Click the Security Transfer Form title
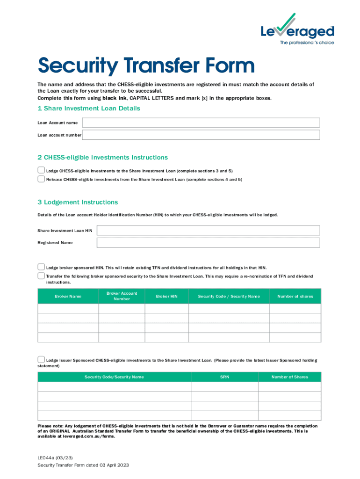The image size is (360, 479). [146, 65]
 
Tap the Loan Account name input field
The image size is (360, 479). [201, 123]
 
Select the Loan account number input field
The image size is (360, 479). [201, 135]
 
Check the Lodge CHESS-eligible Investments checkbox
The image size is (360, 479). [41, 170]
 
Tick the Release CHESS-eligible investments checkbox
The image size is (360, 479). [41, 179]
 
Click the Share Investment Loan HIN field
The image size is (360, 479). [208, 230]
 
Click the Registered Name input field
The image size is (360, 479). [208, 242]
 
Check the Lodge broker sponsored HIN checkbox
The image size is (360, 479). [41, 267]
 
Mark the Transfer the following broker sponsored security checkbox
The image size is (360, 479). [41, 276]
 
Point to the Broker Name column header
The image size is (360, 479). [68, 296]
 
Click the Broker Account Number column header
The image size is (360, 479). [122, 296]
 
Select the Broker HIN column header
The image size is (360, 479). [166, 296]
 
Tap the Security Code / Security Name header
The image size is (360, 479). [229, 296]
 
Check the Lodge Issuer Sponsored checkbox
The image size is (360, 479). [41, 360]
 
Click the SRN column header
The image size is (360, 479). [224, 377]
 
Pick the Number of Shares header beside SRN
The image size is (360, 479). [289, 377]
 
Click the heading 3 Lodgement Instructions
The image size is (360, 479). [78, 202]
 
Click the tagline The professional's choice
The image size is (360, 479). [307, 43]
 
